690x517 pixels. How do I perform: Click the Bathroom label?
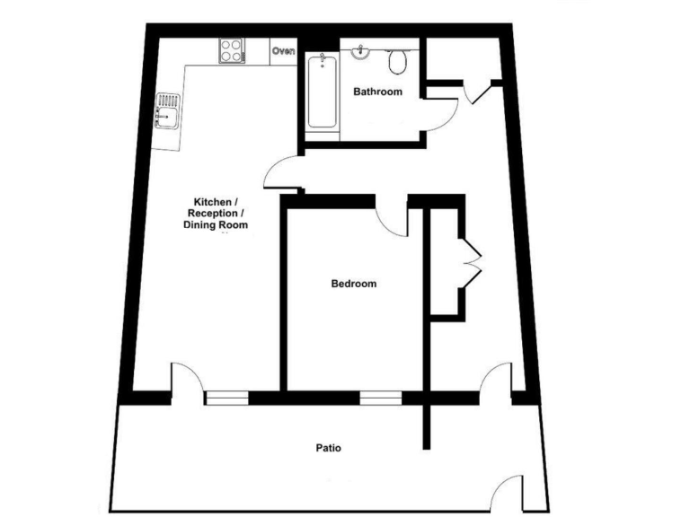(x=377, y=92)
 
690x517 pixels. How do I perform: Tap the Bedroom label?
(x=354, y=284)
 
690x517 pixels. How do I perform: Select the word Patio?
(x=328, y=447)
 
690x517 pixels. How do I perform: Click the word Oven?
(x=284, y=51)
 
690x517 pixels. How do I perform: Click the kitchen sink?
(x=168, y=111)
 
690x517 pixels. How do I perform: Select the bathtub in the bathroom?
(x=323, y=91)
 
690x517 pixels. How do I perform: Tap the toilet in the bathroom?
(x=397, y=61)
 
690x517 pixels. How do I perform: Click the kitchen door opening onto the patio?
(x=185, y=378)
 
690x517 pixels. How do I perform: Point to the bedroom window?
(x=381, y=397)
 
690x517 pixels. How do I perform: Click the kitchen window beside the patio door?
(x=226, y=397)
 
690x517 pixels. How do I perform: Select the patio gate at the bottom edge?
(x=507, y=493)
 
